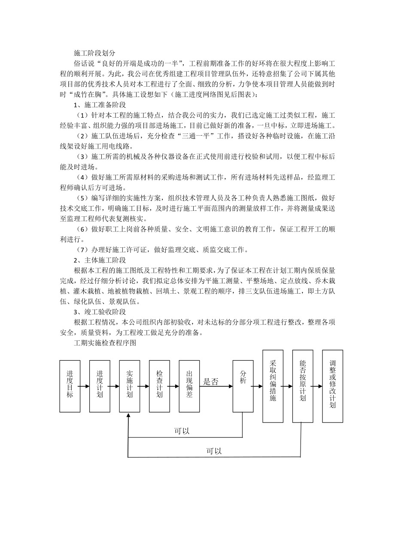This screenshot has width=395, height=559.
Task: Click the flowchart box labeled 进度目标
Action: [70, 386]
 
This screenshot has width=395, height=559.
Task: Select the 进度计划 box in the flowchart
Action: [100, 386]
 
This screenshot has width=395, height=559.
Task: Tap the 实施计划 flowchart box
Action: [130, 386]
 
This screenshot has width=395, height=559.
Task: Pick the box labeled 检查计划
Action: [160, 386]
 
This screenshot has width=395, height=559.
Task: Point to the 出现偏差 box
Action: [189, 386]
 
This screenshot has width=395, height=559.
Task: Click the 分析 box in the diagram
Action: [243, 386]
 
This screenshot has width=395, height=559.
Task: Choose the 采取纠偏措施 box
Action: [273, 386]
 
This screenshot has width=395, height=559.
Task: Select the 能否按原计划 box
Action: [303, 386]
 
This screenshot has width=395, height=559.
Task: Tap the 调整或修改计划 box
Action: [333, 386]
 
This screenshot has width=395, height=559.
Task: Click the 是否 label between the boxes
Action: [211, 382]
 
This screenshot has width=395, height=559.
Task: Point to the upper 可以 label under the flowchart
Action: [182, 431]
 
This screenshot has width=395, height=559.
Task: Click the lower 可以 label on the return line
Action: [214, 451]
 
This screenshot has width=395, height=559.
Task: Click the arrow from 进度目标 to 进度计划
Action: [85, 386]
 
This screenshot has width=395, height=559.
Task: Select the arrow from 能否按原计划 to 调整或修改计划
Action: [318, 386]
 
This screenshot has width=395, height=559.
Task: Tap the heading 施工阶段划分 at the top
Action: [94, 53]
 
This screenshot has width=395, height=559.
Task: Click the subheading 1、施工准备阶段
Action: [98, 104]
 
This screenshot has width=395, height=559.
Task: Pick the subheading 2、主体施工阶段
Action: [98, 260]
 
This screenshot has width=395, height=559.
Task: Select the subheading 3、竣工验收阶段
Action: [98, 312]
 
